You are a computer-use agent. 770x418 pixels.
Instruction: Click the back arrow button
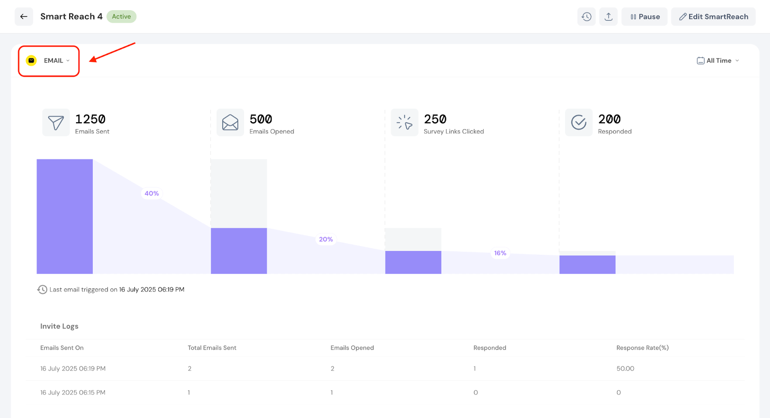tap(24, 16)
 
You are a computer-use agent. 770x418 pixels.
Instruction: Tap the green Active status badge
tap(121, 16)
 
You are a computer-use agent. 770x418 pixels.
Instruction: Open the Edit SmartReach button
tap(713, 16)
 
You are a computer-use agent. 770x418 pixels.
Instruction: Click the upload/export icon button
tap(608, 16)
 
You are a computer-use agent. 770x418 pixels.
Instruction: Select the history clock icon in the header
tap(586, 16)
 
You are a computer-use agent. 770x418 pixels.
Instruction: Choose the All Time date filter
tap(718, 61)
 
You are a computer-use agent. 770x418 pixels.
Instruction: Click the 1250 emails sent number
tap(90, 119)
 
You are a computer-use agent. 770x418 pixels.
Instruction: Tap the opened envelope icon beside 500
tap(230, 122)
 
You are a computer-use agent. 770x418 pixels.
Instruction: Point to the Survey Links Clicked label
tap(454, 131)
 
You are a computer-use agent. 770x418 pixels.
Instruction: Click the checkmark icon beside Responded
tap(578, 122)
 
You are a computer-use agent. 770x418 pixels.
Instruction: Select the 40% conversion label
tap(152, 194)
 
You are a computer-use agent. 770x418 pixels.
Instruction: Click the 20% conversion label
tap(326, 239)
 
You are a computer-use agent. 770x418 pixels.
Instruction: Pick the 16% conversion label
tap(500, 253)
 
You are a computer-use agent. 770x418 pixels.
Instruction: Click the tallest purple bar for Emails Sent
tap(64, 217)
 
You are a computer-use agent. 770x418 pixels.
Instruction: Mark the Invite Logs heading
tap(59, 326)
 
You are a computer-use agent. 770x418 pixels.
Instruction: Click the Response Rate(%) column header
tap(642, 348)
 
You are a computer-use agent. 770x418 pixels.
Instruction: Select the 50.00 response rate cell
tap(625, 368)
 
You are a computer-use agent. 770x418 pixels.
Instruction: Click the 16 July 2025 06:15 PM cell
tap(73, 392)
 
